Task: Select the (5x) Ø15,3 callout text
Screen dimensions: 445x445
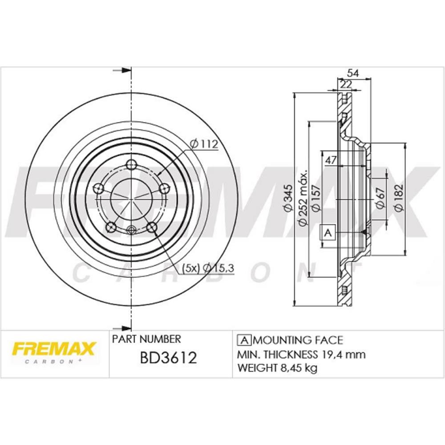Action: click(x=208, y=267)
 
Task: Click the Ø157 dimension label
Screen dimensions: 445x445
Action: click(x=316, y=198)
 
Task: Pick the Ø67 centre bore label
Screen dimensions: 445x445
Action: click(x=380, y=198)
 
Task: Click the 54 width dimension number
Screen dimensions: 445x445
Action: click(x=353, y=73)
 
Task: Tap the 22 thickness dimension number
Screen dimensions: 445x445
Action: click(x=346, y=84)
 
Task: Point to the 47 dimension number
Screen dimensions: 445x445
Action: click(x=331, y=160)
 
